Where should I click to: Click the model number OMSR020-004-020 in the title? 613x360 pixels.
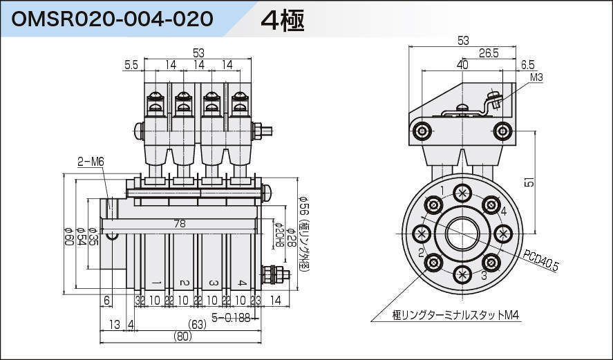coord(112,19)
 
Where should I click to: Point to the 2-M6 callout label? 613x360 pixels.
coord(90,162)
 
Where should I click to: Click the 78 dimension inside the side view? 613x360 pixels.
coord(179,224)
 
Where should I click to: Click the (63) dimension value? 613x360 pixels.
coord(198,324)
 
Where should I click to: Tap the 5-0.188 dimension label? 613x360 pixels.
coord(231,317)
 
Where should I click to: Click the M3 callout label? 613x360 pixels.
coord(537,77)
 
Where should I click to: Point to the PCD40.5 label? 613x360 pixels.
coord(541,262)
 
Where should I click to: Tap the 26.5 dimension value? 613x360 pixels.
coord(489,53)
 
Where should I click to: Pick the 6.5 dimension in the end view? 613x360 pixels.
coord(527,65)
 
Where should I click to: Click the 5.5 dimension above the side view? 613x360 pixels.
coord(131,65)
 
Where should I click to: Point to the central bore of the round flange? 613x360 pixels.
coord(462,234)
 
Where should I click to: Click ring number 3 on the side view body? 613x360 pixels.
coord(213,283)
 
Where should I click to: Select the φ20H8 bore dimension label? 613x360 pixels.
coord(278,236)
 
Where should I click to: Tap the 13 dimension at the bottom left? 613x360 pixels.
coord(114,324)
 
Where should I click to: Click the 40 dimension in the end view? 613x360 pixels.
coord(462,65)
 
